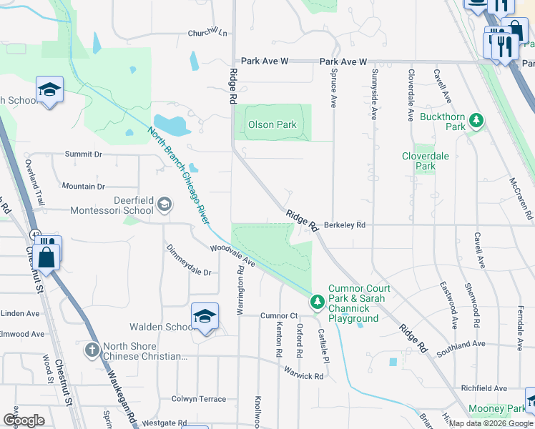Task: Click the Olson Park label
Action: click(272, 124)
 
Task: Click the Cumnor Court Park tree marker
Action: click(317, 302)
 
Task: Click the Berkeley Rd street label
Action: click(345, 225)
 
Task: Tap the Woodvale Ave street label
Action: click(232, 257)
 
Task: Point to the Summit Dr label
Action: click(84, 154)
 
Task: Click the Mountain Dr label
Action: click(83, 186)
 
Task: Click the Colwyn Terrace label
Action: click(198, 399)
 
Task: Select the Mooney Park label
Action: click(496, 409)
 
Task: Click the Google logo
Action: click(24, 420)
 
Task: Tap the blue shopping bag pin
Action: click(47, 256)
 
